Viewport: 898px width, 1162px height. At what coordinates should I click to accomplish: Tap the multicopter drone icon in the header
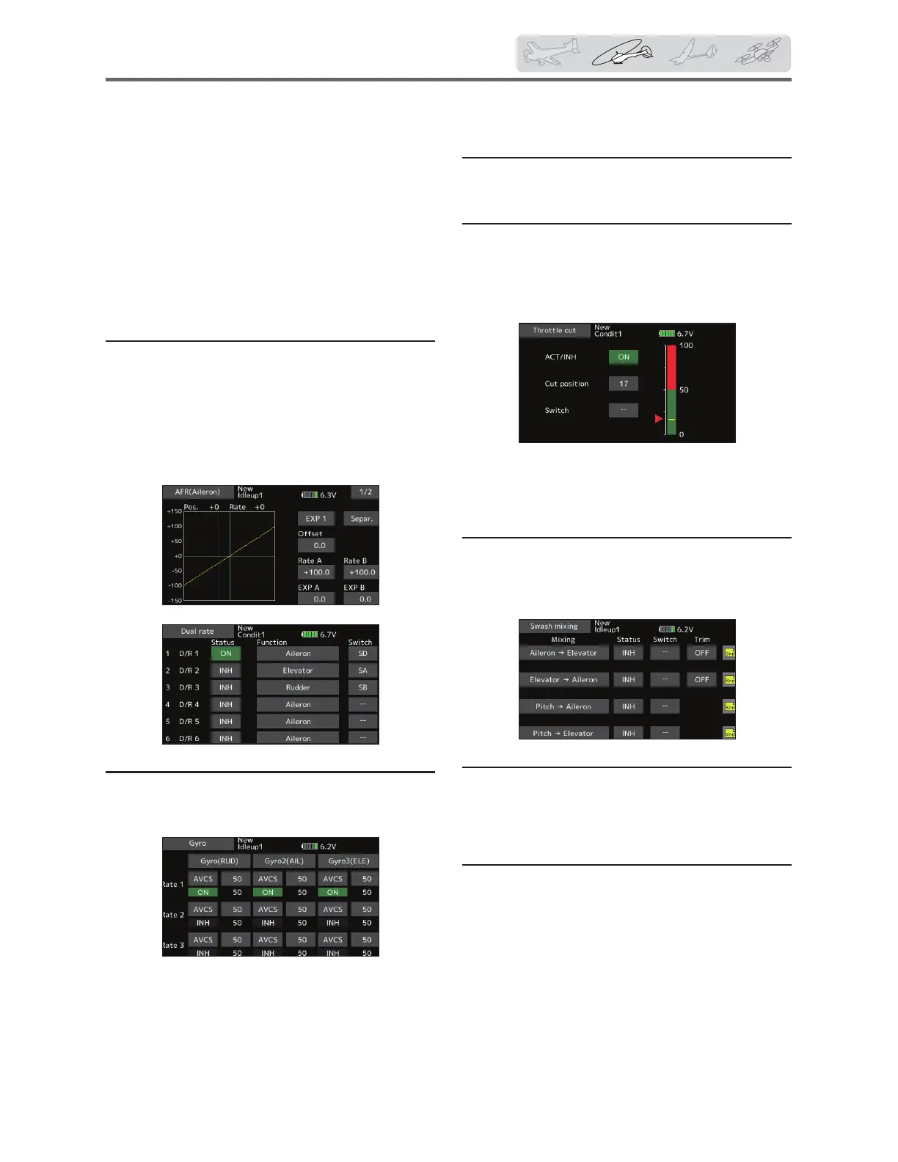(758, 53)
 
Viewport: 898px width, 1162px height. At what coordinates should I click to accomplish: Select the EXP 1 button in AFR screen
(316, 519)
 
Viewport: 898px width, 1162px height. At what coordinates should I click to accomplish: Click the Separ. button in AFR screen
(362, 519)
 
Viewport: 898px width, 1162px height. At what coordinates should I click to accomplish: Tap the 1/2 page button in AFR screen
(365, 492)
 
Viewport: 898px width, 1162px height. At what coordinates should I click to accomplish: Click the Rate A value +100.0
(316, 572)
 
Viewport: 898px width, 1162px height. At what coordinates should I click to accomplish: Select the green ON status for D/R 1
(226, 654)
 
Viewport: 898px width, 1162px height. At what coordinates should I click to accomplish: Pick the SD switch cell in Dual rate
(362, 654)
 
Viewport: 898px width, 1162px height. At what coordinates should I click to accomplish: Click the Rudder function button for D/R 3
(298, 687)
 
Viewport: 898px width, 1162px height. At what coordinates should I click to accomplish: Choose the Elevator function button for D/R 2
(298, 670)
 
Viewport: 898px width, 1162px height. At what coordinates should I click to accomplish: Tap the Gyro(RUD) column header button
(219, 861)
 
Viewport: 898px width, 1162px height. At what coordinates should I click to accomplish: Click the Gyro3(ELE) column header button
(348, 861)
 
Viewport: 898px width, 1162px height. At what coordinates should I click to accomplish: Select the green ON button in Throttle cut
(624, 357)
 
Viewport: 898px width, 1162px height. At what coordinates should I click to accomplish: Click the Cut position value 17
(624, 384)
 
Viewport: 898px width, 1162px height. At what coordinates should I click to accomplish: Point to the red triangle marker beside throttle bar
(659, 419)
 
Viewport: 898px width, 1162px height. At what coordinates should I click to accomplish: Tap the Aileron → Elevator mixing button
(563, 653)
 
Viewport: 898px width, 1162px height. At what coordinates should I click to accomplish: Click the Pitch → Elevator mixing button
(563, 733)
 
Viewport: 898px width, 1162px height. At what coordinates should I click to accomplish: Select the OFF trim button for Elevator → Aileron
(701, 679)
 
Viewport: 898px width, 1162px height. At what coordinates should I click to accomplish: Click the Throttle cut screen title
(555, 331)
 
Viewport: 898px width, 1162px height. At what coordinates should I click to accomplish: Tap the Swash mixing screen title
(554, 626)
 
